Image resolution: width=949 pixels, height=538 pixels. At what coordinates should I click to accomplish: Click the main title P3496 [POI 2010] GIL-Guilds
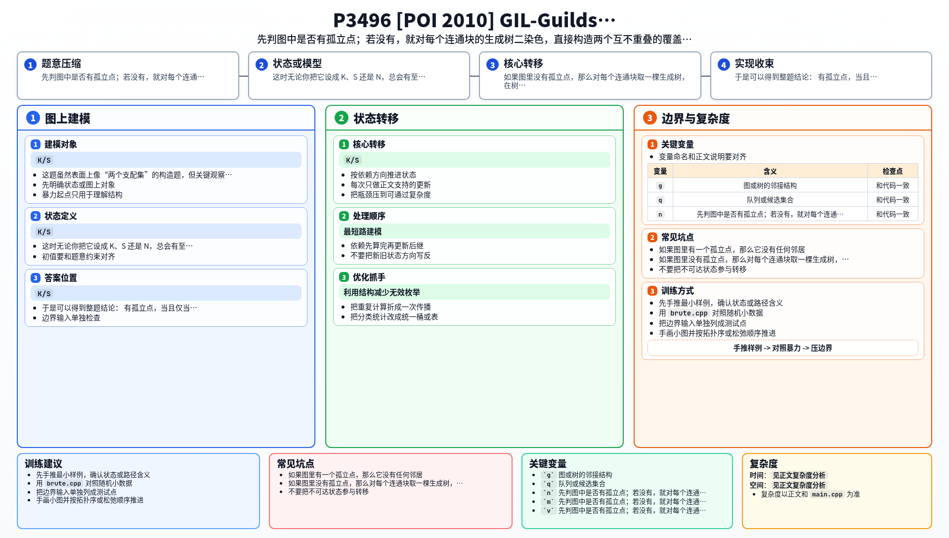[474, 20]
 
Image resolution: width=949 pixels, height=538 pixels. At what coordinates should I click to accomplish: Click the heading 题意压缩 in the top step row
[61, 63]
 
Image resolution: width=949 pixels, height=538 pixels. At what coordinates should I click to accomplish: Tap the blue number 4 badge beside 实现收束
[724, 65]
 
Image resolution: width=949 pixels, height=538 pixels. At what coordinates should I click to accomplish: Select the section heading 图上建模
[68, 119]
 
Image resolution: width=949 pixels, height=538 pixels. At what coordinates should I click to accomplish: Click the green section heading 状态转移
[376, 119]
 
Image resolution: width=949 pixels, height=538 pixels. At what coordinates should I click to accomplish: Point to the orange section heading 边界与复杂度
[695, 119]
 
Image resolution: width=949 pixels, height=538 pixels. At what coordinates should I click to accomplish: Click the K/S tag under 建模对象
[44, 160]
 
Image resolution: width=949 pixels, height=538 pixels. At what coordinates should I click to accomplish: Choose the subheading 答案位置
[61, 278]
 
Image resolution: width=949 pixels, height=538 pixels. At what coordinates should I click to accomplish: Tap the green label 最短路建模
[363, 231]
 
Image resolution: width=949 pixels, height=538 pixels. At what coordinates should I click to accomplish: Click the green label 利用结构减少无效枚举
[382, 292]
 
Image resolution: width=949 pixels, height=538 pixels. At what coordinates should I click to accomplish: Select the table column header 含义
[770, 171]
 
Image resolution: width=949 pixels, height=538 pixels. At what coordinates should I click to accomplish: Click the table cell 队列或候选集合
[770, 200]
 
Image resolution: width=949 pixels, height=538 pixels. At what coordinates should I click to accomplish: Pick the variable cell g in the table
[660, 185]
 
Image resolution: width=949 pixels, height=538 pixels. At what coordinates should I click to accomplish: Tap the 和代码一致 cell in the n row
[893, 214]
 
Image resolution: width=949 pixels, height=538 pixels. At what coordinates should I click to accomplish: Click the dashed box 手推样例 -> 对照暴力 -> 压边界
[783, 348]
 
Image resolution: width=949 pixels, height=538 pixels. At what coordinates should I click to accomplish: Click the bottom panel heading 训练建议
[43, 464]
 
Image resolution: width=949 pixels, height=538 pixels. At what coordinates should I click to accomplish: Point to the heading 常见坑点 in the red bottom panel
[296, 464]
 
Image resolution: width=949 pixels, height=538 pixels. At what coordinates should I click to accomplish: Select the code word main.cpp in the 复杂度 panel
[827, 494]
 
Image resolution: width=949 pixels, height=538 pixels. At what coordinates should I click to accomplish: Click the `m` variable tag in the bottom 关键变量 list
[548, 501]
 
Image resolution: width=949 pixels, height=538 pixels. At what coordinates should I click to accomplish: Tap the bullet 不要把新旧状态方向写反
[390, 256]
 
